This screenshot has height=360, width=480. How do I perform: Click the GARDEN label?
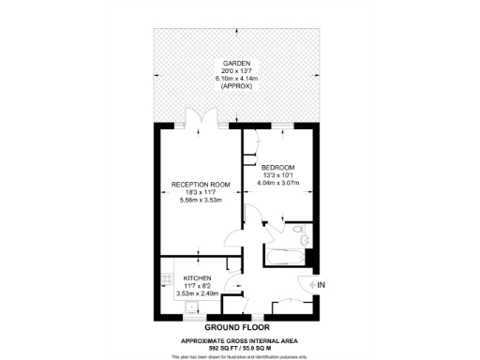[236, 64]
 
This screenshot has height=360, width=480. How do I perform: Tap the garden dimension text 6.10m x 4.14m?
[236, 78]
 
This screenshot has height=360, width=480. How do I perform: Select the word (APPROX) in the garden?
[236, 85]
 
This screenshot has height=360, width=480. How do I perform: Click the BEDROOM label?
[278, 168]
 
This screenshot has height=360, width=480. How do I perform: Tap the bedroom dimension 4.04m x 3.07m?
[278, 183]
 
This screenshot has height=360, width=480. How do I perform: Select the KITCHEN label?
[197, 279]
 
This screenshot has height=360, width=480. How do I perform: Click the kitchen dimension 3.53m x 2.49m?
[197, 294]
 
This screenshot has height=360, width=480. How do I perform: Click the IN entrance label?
[321, 285]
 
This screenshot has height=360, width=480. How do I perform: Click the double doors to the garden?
[199, 120]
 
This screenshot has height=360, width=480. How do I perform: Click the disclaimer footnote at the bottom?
[241, 356]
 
